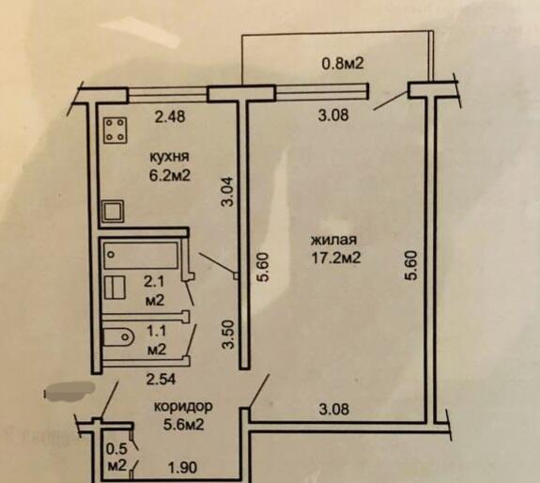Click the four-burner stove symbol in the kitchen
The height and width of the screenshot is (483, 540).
click(x=116, y=131)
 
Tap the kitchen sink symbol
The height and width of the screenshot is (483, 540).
click(x=113, y=211)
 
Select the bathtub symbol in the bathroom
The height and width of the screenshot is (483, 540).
click(x=141, y=256)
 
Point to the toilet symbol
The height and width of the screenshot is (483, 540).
click(x=118, y=336)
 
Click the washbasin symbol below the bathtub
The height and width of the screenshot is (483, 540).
click(x=115, y=287)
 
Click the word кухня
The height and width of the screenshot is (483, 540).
click(x=169, y=157)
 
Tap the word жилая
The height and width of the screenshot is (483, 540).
click(x=333, y=240)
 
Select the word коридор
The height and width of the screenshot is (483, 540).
click(x=183, y=407)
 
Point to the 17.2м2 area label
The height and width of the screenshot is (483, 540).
click(x=336, y=257)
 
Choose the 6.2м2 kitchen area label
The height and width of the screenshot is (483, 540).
click(x=169, y=176)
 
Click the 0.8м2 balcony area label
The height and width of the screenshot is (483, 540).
click(x=343, y=63)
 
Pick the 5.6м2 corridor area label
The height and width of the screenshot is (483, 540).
click(x=183, y=425)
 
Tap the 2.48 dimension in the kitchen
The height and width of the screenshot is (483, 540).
click(x=170, y=117)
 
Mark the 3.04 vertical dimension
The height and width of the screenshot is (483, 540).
click(x=227, y=191)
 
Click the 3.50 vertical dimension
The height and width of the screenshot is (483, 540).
click(x=228, y=335)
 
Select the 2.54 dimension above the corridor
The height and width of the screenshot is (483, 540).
click(x=162, y=380)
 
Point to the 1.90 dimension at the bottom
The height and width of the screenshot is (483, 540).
click(x=182, y=468)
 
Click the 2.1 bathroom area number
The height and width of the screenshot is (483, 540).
click(x=154, y=282)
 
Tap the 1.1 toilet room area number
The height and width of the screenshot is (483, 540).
click(x=157, y=332)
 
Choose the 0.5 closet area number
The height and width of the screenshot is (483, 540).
click(x=116, y=448)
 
